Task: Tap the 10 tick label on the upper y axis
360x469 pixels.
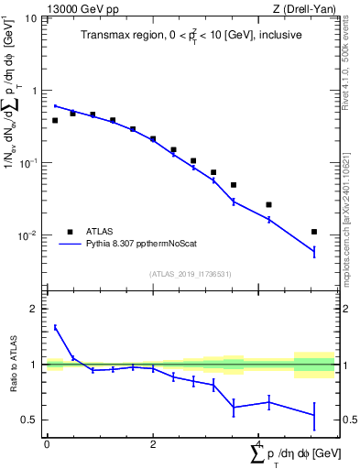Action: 30,19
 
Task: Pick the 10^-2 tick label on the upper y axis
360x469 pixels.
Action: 27,235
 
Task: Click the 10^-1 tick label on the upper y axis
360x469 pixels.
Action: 27,163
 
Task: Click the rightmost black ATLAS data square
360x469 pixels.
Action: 314,232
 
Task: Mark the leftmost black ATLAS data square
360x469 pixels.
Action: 55,120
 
